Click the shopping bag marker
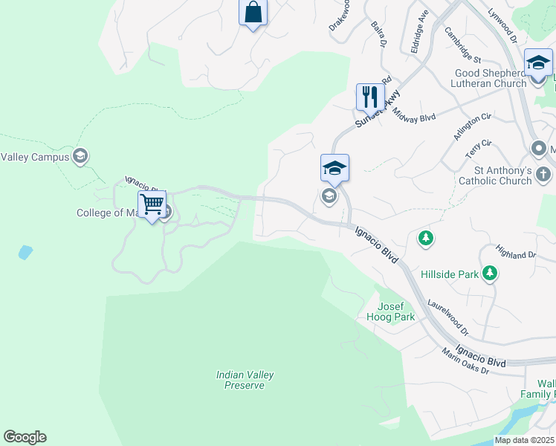pyautogui.click(x=253, y=13)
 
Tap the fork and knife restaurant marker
pyautogui.click(x=369, y=97)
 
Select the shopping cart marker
pyautogui.click(x=152, y=204)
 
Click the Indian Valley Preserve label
pyautogui.click(x=240, y=380)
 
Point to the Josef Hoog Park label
pyautogui.click(x=390, y=311)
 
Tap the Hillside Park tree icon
pyautogui.click(x=490, y=274)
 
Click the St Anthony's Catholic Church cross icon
pyautogui.click(x=543, y=175)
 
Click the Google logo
pyautogui.click(x=25, y=437)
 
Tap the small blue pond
pyautogui.click(x=25, y=252)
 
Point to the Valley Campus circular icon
pyautogui.click(x=81, y=156)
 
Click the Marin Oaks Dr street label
pyautogui.click(x=464, y=361)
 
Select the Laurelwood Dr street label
pyautogui.click(x=448, y=315)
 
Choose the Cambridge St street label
pyautogui.click(x=463, y=45)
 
